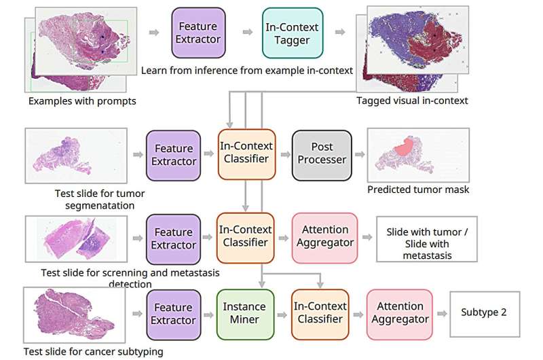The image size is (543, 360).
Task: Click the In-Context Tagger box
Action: pyautogui.click(x=293, y=32)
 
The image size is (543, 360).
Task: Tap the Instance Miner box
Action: pyautogui.click(x=244, y=314)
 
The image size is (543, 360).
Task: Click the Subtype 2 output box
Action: pyautogui.click(x=484, y=313)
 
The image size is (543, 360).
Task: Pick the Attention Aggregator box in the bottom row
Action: pyautogui.click(x=400, y=314)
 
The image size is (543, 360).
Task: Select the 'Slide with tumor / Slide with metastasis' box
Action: pyautogui.click(x=428, y=238)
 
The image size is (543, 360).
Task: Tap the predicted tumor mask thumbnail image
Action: pyautogui.click(x=409, y=154)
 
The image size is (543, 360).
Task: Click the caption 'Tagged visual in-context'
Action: pyautogui.click(x=412, y=101)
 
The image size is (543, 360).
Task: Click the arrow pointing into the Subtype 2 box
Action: pyautogui.click(x=442, y=314)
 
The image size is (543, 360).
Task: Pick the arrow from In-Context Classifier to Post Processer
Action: pyautogui.click(x=282, y=155)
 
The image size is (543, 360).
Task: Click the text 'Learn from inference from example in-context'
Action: pyautogui.click(x=246, y=71)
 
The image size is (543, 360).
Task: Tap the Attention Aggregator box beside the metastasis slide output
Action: pyautogui.click(x=324, y=238)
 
